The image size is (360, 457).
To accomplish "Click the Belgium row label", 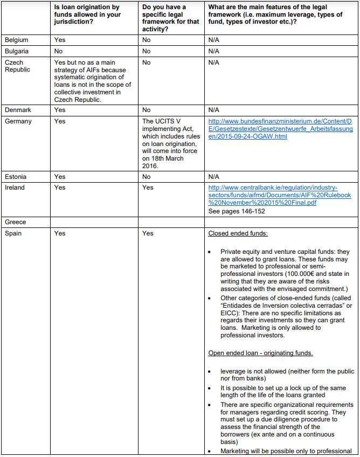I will (x=16, y=40).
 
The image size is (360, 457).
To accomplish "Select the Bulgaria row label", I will (x=17, y=51).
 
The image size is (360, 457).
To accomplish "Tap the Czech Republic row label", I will (x=18, y=66).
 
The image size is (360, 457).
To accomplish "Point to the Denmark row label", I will (x=18, y=110).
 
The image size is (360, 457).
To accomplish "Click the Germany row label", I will (x=18, y=121).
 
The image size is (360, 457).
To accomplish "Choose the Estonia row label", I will (x=16, y=177).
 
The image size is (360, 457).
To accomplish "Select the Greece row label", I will (x=16, y=222).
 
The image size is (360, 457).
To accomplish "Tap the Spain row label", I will (x=13, y=233).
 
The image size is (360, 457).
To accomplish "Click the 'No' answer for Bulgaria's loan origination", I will (x=58, y=51).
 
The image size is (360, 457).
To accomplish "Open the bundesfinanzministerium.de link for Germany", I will (x=280, y=129).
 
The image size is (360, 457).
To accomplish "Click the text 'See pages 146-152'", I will (x=236, y=211).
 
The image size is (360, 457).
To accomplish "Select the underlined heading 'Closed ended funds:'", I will (x=238, y=233).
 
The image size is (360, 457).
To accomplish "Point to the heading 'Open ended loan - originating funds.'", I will (x=260, y=353).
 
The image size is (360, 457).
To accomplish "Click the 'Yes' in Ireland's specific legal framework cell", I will (x=148, y=188).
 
